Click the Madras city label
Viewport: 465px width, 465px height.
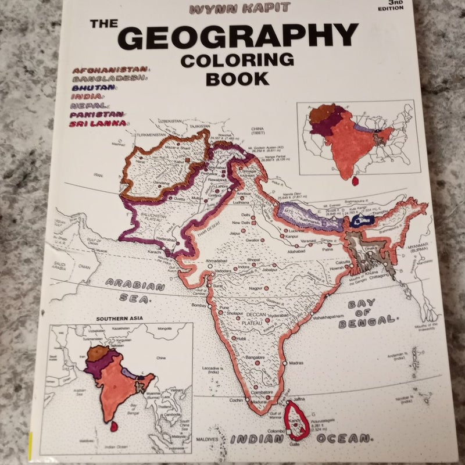point(296,362)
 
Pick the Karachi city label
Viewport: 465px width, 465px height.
point(152,252)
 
